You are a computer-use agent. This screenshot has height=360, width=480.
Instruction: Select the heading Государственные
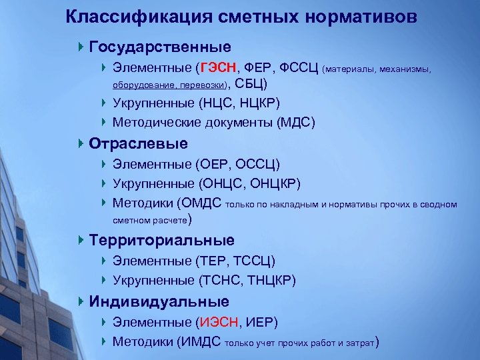click(x=160, y=47)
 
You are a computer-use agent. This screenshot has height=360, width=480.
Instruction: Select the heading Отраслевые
click(x=138, y=144)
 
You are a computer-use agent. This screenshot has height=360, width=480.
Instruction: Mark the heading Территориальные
click(x=161, y=240)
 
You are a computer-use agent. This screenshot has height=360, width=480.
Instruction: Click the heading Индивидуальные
click(x=159, y=302)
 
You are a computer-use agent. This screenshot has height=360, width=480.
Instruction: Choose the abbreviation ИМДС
click(x=201, y=343)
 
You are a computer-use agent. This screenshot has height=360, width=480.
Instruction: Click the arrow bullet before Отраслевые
click(x=81, y=144)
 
